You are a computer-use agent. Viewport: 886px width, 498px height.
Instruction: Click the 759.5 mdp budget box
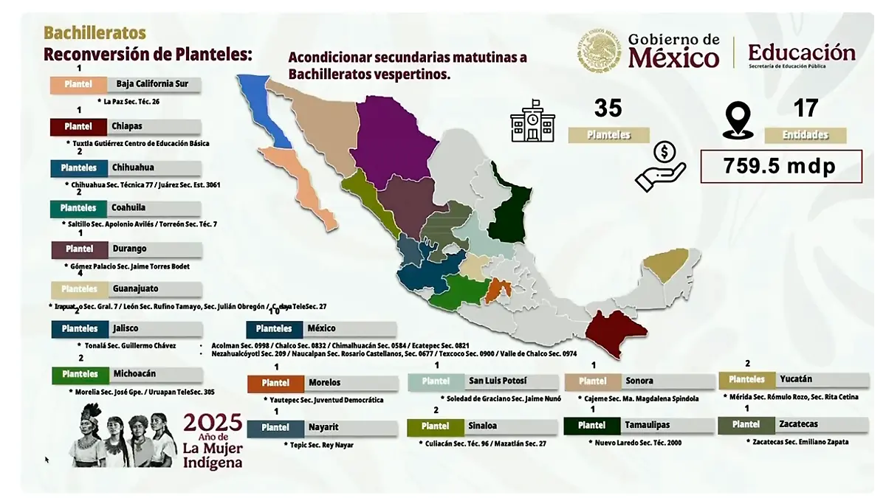pos(780,167)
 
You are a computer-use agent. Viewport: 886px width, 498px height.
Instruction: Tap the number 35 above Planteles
pos(608,108)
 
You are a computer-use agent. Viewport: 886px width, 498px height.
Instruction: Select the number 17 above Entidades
pos(806,108)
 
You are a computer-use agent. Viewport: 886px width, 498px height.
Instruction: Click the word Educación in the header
pos(801,52)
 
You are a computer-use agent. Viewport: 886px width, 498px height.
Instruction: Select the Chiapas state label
pos(128,126)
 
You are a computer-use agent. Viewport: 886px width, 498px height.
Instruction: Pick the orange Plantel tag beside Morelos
pos(275,383)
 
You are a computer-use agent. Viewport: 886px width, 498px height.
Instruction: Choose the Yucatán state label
pos(795,379)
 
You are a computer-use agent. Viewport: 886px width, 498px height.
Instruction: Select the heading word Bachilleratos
pos(95,33)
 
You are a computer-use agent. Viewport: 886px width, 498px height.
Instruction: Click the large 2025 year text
pos(213,423)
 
